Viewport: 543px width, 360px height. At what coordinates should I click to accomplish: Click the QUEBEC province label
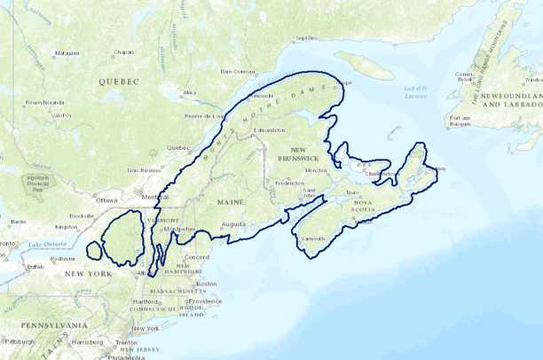pos(120,81)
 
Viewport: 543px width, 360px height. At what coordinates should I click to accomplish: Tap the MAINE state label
pos(231,203)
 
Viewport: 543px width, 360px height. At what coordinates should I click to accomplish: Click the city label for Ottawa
pos(106,200)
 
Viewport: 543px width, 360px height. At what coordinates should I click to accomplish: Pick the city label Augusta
pos(233,224)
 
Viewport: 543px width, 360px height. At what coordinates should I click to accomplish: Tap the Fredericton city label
pos(290,184)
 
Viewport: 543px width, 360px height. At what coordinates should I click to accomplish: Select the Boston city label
pos(207,284)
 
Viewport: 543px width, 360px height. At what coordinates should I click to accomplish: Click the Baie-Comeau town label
pos(239,70)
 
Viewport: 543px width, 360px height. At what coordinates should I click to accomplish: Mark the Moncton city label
pos(316,170)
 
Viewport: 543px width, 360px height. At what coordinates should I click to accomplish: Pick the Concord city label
pos(196,257)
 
